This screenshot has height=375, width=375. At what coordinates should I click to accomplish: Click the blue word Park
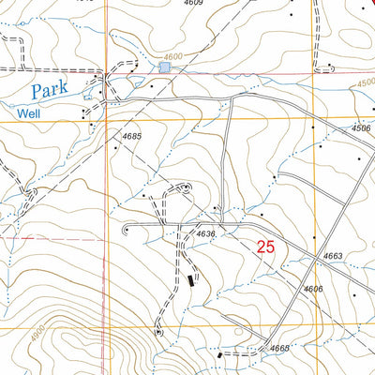point(50,92)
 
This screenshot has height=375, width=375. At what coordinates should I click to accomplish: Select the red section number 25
point(266,247)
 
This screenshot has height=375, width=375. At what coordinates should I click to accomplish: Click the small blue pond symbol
point(166,66)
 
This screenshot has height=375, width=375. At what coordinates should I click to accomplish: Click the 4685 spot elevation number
point(131,138)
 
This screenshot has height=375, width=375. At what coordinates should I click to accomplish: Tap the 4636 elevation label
point(205,233)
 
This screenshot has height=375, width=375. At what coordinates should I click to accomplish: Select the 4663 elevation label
point(335,255)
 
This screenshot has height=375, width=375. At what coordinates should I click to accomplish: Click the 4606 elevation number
point(313,289)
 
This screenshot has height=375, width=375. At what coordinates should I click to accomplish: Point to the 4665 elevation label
point(278,349)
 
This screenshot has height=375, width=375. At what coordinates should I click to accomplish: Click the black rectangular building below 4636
point(194,278)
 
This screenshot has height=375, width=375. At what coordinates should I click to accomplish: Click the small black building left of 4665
point(220,355)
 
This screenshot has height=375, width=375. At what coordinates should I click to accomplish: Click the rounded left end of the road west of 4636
point(127,228)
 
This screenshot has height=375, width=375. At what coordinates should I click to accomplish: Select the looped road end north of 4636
point(186,187)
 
